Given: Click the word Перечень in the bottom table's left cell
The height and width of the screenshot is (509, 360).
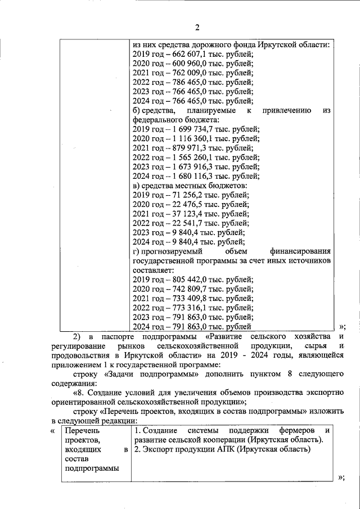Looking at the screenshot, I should click(x=82, y=430).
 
